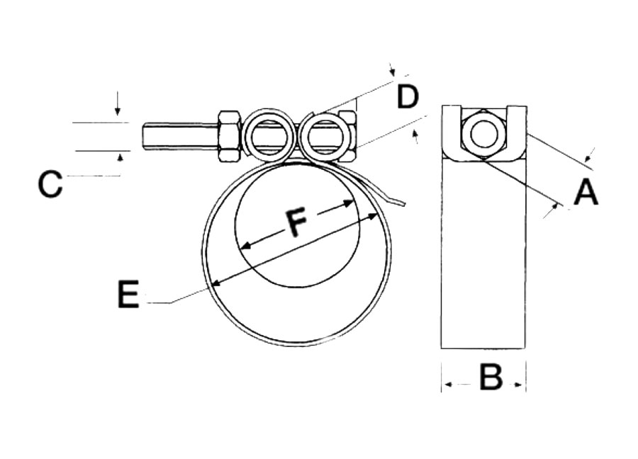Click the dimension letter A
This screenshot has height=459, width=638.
pos(586,193)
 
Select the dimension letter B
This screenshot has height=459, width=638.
pos(491,377)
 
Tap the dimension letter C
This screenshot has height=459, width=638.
pos(50,184)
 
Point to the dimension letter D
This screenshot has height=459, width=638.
pos(408,97)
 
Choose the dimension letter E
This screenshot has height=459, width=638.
pos(128,293)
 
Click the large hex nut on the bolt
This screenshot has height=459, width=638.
pos(229,137)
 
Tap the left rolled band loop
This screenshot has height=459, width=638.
pos(269,136)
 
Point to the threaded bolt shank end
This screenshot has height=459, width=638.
pos(150,137)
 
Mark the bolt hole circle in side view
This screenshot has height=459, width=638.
pos(483,134)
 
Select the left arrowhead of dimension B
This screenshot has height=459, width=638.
pos(449,384)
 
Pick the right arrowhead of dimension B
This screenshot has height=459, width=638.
pos(519,385)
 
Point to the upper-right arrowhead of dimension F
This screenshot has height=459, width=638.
pos(347,203)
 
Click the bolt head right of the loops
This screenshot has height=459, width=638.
pos(348,136)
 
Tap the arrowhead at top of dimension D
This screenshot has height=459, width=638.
pos(392,72)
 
